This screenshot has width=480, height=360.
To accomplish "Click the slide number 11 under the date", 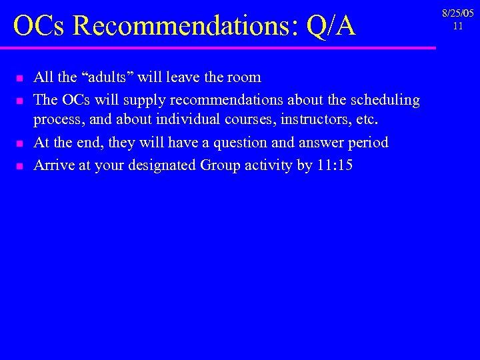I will coord(457,26).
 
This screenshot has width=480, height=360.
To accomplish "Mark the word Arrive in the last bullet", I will coord(54,165).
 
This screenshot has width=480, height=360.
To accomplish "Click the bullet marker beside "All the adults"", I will coord(20,79).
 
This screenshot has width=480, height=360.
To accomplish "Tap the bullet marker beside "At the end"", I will coord(20,144).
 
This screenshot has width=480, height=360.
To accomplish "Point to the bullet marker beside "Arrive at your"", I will coord(20,166).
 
